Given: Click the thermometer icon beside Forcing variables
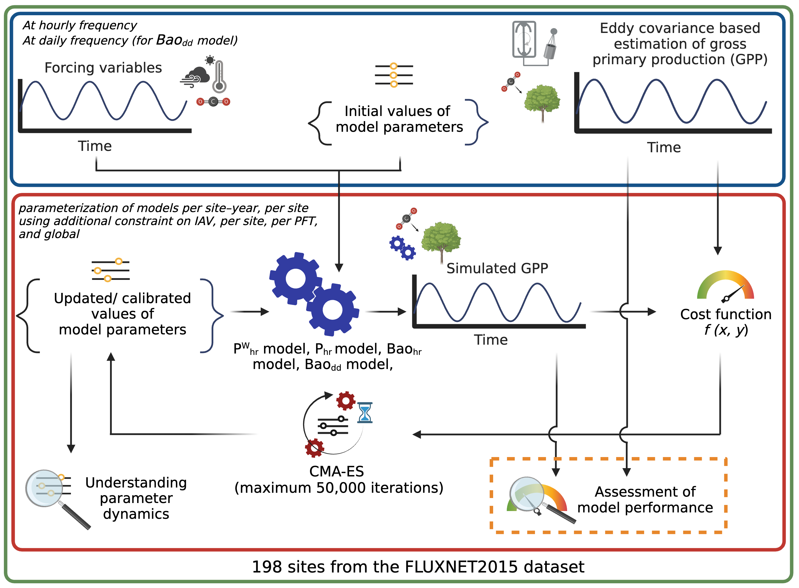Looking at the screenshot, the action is tap(219, 76).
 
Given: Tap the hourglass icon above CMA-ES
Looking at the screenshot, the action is tap(365, 412).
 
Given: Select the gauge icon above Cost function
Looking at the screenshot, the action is tap(726, 287).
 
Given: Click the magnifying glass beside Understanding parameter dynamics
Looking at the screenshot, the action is tap(57, 498).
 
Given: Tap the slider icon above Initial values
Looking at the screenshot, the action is tap(394, 75).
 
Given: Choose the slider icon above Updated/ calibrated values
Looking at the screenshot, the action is tap(111, 270).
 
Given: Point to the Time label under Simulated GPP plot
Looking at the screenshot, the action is tap(491, 340).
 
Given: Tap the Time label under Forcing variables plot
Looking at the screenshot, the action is tap(95, 146).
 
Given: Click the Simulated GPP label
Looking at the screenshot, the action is tap(497, 268).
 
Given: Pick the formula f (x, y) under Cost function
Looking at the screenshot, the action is tap(726, 330).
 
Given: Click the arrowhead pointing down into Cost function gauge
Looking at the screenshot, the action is tap(718, 251).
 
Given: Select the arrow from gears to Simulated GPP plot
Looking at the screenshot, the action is tap(386, 312).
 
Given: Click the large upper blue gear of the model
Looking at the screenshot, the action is tap(295, 279).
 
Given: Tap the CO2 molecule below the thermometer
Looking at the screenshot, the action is tap(213, 102).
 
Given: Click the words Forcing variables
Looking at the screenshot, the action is tap(103, 68).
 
